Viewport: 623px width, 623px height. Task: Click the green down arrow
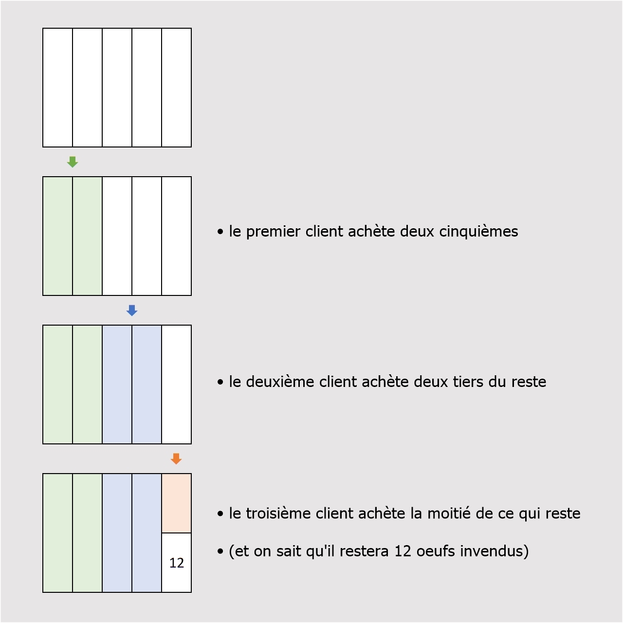73,162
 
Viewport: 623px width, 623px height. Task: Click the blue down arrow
132,311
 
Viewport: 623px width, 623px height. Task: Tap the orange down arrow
176,459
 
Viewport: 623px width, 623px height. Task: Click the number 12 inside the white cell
177,563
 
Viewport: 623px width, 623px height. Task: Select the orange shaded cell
177,503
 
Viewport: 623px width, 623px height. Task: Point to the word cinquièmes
478,232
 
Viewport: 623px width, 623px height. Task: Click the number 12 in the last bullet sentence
403,551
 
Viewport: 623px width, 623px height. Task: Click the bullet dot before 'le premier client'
220,232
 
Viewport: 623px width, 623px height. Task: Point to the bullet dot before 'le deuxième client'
220,382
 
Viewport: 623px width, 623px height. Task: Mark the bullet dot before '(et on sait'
220,551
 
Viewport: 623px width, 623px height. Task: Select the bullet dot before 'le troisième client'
220,513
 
